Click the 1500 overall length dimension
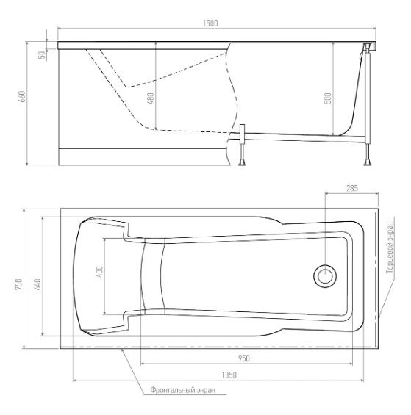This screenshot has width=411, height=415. tap(210, 23)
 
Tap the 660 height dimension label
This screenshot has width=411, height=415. tap(23, 97)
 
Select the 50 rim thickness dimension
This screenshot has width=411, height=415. tap(42, 55)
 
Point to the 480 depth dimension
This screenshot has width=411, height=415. tap(151, 98)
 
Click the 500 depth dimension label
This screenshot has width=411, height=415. tap(328, 98)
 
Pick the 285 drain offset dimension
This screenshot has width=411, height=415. tap(352, 189)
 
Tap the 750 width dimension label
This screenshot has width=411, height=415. tap(19, 284)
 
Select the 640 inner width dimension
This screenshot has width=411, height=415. tap(38, 284)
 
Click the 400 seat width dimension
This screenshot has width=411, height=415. tap(100, 272)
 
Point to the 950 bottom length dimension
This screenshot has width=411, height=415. tap(244, 358)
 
